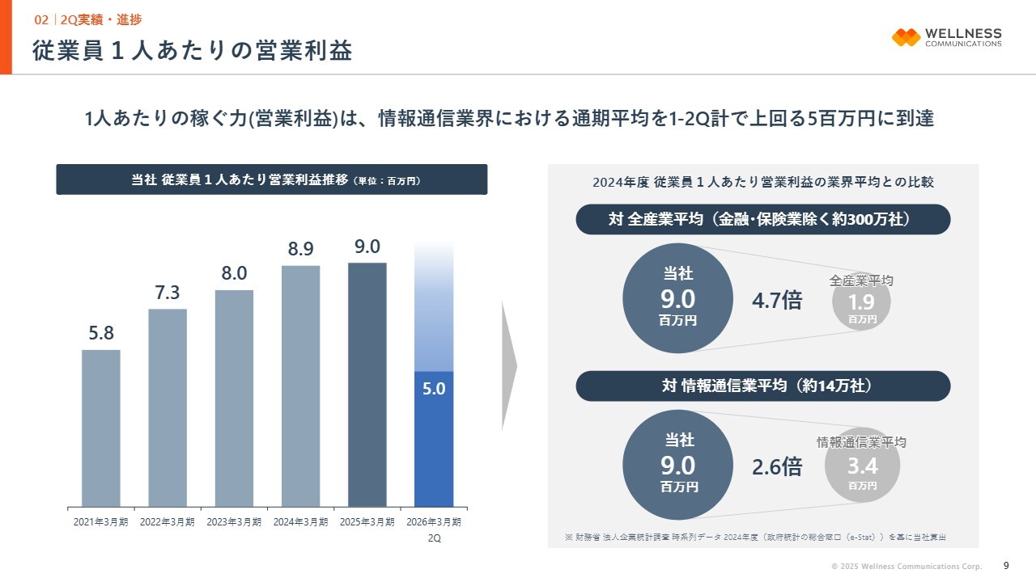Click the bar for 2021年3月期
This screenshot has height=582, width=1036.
(101, 428)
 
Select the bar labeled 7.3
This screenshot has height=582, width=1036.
(168, 407)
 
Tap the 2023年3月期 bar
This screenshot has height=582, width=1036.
(234, 398)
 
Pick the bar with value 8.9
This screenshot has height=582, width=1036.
(300, 386)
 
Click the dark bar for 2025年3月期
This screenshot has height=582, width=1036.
(367, 385)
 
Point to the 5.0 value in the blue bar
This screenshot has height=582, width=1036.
(434, 389)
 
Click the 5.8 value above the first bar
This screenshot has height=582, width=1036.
(101, 332)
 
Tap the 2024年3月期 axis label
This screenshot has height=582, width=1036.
(300, 522)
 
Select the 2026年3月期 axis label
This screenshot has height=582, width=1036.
(434, 522)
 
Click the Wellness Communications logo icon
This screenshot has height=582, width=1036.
(906, 37)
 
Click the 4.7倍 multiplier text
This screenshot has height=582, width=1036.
(777, 301)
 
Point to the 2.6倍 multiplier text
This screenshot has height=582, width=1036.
(777, 466)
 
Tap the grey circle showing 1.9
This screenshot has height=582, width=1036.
(862, 304)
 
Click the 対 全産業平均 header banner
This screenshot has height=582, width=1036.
(762, 219)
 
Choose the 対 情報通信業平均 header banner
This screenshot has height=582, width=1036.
(762, 386)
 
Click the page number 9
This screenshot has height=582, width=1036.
(1006, 565)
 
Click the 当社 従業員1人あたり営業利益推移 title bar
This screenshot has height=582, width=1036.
(272, 179)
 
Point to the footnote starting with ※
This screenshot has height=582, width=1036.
(755, 537)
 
